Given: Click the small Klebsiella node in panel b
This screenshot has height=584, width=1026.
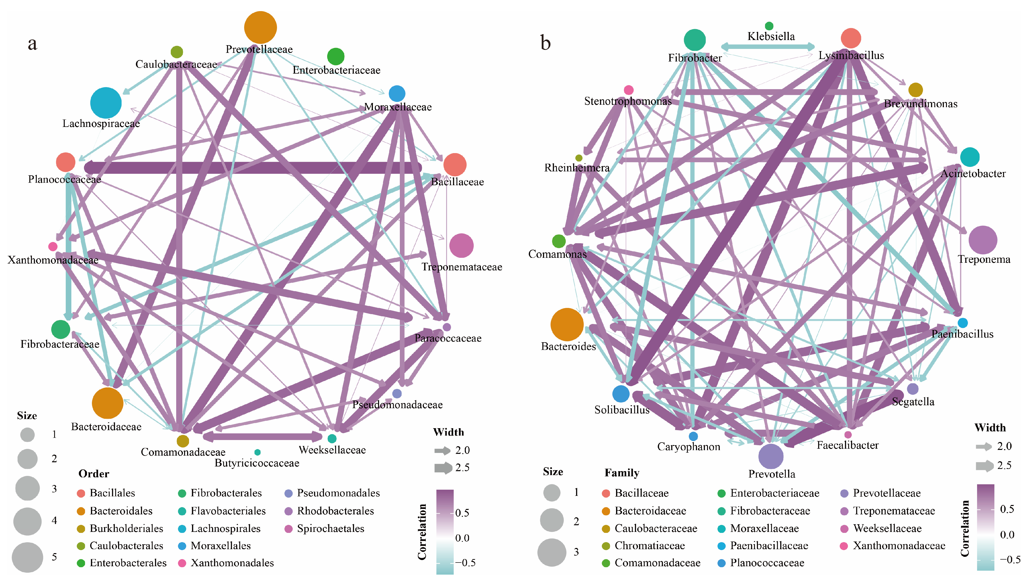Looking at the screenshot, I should click(x=769, y=26).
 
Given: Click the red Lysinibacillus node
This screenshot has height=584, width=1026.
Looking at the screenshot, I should click(x=850, y=38).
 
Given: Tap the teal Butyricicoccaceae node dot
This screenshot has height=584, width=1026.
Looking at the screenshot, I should click(x=257, y=452).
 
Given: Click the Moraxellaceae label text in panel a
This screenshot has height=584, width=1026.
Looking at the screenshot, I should click(x=398, y=107).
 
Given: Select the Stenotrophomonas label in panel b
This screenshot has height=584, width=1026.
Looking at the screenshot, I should click(x=628, y=101).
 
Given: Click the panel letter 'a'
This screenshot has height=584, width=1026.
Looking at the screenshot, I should click(x=33, y=43).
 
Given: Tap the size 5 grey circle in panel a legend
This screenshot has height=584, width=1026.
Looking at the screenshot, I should click(x=27, y=557).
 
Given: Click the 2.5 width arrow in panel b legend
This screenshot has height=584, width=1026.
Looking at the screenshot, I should click(x=984, y=466).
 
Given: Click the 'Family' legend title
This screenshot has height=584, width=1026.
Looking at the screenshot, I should click(x=621, y=473).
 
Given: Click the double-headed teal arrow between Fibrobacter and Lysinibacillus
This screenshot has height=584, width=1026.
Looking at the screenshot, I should click(x=768, y=46).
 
